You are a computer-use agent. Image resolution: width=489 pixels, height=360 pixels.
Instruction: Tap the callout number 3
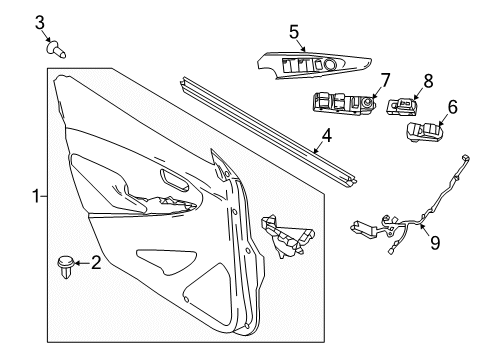(40, 22)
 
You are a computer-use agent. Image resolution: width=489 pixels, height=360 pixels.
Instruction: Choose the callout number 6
(451, 106)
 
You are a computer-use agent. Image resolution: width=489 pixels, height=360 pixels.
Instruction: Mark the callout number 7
(384, 77)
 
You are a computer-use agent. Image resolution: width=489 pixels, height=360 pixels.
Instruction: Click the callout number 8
(427, 77)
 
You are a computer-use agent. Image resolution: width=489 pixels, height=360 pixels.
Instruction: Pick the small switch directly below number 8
(405, 105)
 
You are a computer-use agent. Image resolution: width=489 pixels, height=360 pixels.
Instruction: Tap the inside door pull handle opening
(173, 183)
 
